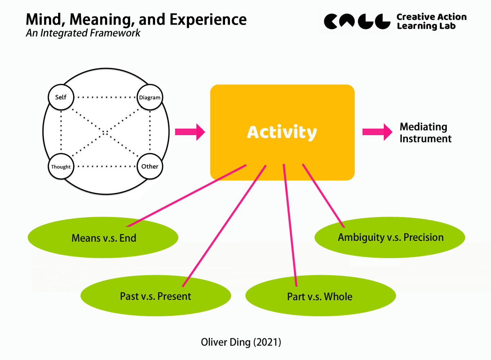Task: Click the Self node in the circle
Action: (x=61, y=97)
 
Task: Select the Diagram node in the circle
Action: (x=150, y=97)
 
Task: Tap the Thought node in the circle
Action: (x=61, y=167)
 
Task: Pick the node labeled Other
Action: (x=150, y=167)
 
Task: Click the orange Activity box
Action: (x=282, y=132)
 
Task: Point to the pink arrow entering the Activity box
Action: (x=189, y=132)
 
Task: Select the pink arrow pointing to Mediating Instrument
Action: (x=377, y=132)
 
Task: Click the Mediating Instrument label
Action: (x=425, y=133)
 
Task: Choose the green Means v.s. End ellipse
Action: (x=103, y=238)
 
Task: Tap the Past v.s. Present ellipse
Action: (x=155, y=296)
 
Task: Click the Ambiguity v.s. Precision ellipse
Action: (x=390, y=238)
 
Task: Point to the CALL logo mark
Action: (x=356, y=21)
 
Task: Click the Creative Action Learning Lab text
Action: (x=431, y=21)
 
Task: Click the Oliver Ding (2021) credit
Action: (x=241, y=342)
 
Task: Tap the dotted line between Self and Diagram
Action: (x=105, y=97)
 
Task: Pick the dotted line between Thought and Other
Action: (x=105, y=167)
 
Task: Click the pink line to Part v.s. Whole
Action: (x=290, y=225)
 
